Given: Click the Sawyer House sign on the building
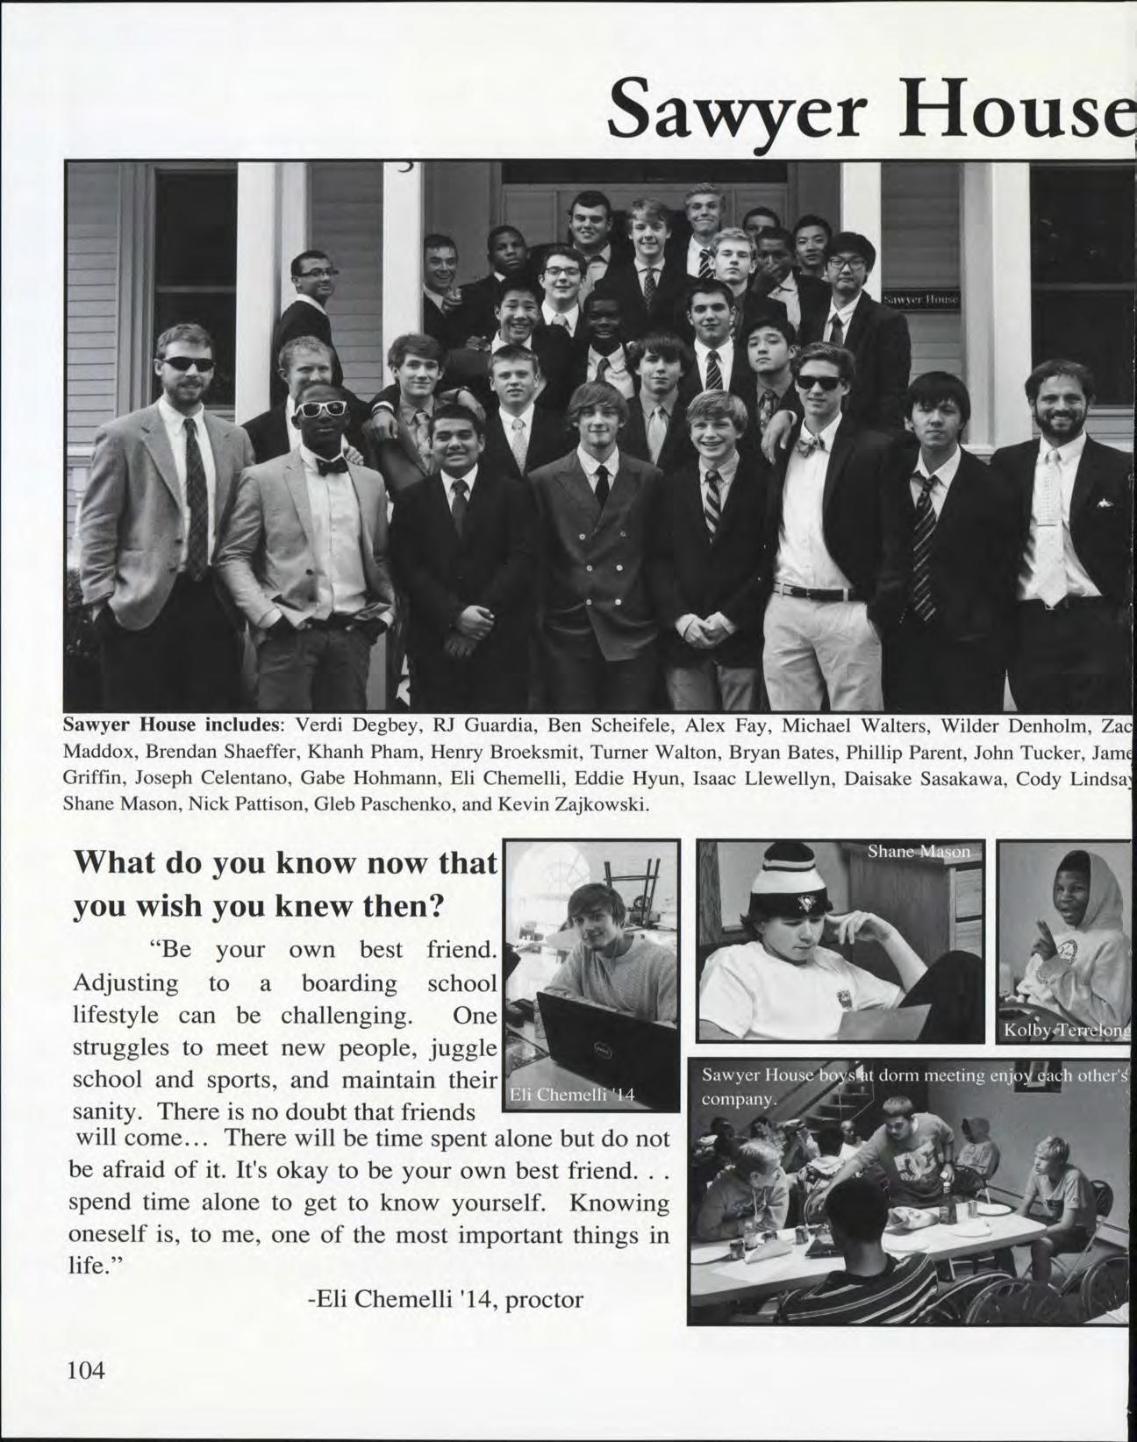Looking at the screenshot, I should pyautogui.click(x=921, y=299).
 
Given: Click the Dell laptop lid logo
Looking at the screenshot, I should pyautogui.click(x=603, y=1049).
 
